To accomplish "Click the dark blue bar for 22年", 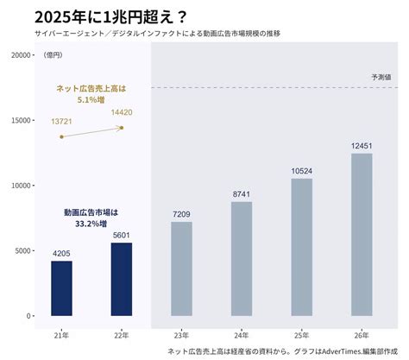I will point(121,279).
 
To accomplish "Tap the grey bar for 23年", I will point(181,268).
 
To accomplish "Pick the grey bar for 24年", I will point(242,258).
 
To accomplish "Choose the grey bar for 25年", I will point(301,247).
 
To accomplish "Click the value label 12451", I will point(362,146).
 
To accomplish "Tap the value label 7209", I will point(181,214).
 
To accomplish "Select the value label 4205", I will point(61,253).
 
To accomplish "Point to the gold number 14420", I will point(121,112).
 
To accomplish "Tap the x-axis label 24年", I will point(242,335).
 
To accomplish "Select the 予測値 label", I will point(381,77).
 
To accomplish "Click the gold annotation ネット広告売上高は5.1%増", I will point(91,93).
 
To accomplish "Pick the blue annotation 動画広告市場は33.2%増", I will point(91,218).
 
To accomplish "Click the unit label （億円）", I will point(53,55).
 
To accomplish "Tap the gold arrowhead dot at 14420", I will point(122,128).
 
